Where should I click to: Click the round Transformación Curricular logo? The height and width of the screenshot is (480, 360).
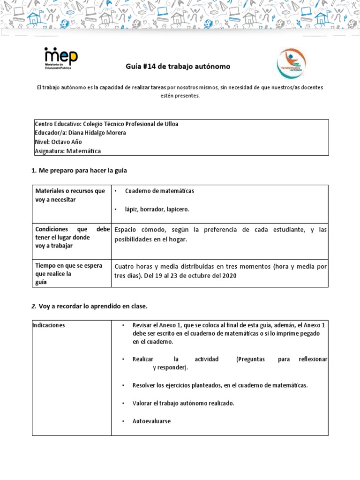tap(292, 63)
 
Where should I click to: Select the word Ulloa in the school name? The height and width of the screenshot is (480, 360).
tap(169, 124)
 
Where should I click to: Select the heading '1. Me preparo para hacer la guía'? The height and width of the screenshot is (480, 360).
tap(79, 170)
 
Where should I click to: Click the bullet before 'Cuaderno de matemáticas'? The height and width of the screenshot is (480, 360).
tap(115, 191)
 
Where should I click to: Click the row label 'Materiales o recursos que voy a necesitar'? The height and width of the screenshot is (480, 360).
tap(70, 195)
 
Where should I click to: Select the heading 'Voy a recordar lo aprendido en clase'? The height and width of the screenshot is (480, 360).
tap(93, 306)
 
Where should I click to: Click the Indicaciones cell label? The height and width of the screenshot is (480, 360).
tap(49, 325)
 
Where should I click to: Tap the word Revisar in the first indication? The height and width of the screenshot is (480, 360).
tap(142, 325)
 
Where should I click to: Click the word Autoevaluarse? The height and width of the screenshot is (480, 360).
tap(151, 421)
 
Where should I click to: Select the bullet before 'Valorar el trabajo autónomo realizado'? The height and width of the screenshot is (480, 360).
tap(122, 403)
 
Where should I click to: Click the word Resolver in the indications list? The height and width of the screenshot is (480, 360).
tap(144, 385)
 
